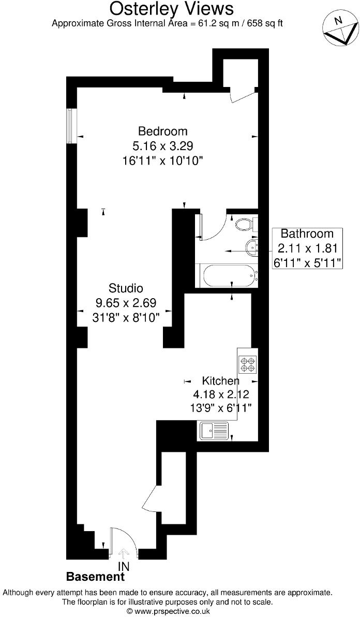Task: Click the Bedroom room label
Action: [x=162, y=131]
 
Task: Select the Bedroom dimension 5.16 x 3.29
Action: [x=162, y=145]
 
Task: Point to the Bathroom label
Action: [x=307, y=233]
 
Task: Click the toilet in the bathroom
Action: [x=243, y=225]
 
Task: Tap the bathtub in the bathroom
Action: [x=228, y=275]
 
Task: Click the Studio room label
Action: [x=126, y=288]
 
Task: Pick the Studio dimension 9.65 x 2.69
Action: [x=126, y=303]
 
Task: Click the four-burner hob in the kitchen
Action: [x=247, y=364]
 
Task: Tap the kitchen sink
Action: [x=214, y=430]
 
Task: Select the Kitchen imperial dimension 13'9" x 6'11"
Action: [x=221, y=408]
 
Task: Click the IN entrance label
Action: [x=124, y=567]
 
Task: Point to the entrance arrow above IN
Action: [x=124, y=553]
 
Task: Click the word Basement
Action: [x=96, y=577]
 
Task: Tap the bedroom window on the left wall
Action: [x=71, y=126]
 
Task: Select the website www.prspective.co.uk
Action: [x=172, y=611]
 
